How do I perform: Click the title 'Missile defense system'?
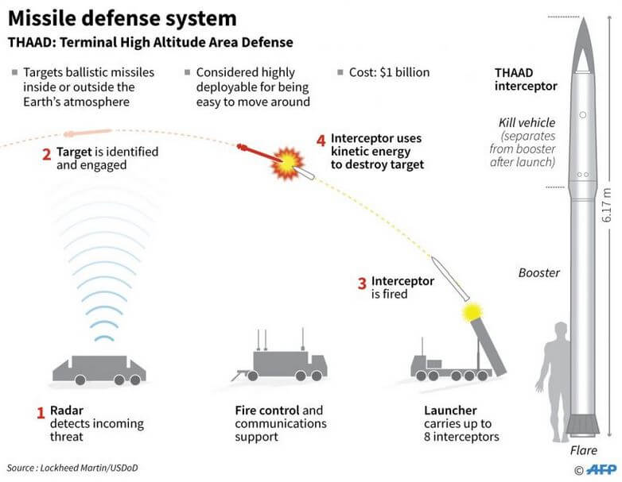point(122,17)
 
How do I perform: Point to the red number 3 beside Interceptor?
point(361,283)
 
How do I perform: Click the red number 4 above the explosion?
point(321,140)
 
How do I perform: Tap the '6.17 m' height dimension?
point(607,205)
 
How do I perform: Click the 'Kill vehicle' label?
point(526,123)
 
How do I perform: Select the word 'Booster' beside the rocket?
point(539,272)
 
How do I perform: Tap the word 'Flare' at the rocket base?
point(583,451)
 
